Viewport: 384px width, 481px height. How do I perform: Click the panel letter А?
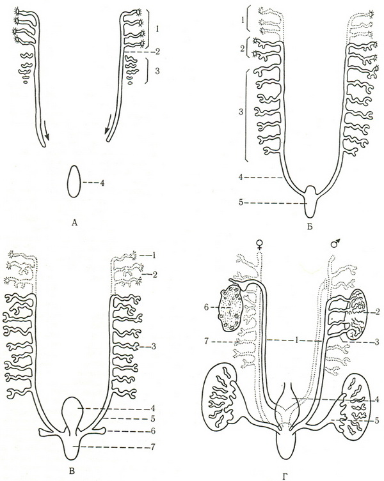tap(74, 223)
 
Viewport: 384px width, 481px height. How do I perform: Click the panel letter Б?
tap(310, 227)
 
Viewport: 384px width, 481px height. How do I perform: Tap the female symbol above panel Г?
tap(260, 244)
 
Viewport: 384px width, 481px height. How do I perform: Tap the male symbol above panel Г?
tap(335, 243)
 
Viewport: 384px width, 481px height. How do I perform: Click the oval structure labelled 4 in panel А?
tap(74, 181)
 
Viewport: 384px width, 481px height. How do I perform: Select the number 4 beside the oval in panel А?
tap(102, 183)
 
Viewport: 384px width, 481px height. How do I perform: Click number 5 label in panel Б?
tap(241, 202)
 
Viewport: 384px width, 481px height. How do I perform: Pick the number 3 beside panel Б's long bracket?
tap(241, 112)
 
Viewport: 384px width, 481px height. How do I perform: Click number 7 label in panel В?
tap(153, 447)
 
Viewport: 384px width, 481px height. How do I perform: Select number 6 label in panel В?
tap(153, 431)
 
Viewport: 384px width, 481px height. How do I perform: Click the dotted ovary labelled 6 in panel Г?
tap(231, 308)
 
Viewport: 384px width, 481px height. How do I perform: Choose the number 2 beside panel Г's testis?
tap(377, 312)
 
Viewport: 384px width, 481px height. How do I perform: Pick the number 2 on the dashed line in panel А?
tap(157, 51)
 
